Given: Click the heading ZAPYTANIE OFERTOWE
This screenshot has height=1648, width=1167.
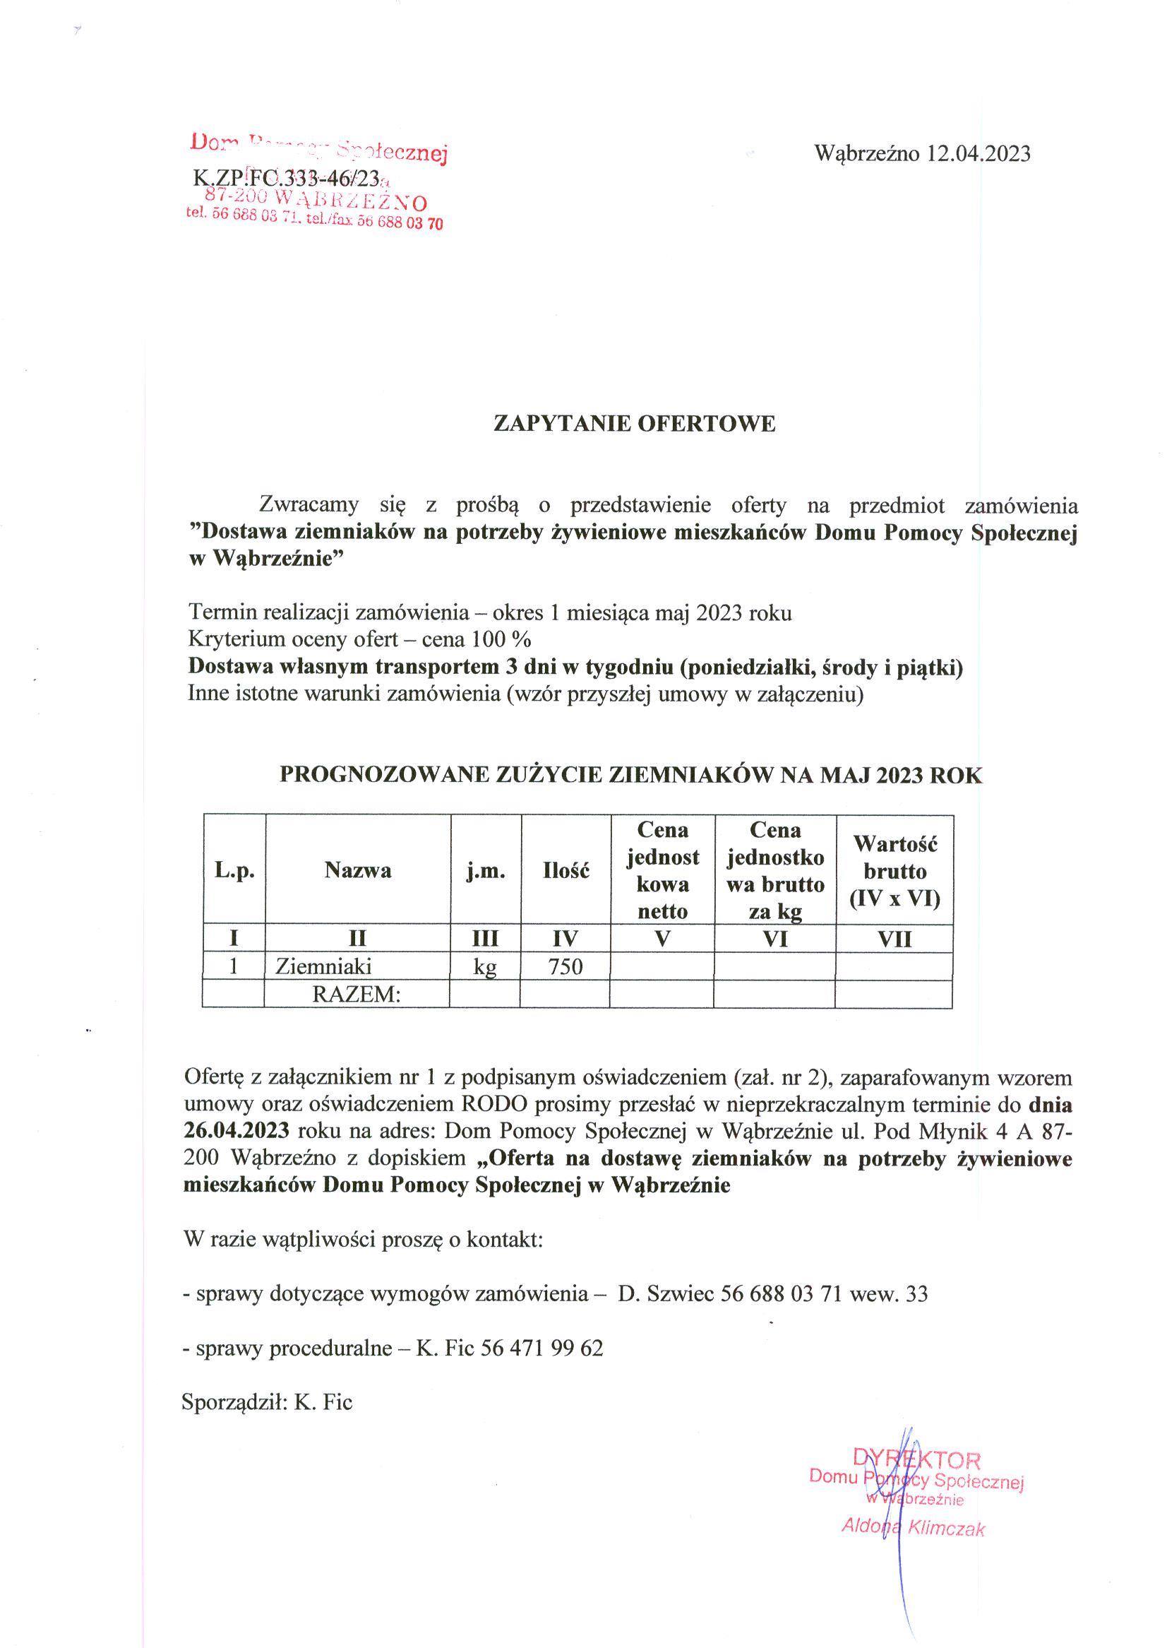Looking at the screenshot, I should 635,424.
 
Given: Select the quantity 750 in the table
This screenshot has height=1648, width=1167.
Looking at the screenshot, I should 565,967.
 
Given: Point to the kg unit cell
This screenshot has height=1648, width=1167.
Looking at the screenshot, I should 485,967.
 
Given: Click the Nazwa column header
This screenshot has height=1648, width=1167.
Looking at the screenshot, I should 358,871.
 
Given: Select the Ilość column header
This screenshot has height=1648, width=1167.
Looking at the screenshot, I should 565,871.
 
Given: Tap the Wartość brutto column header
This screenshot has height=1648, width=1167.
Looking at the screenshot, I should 894,871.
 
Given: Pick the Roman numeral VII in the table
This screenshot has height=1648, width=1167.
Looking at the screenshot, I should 894,939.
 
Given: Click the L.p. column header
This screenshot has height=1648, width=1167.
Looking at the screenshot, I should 234,871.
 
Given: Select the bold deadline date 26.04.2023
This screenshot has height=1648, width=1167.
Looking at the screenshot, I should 237,1130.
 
